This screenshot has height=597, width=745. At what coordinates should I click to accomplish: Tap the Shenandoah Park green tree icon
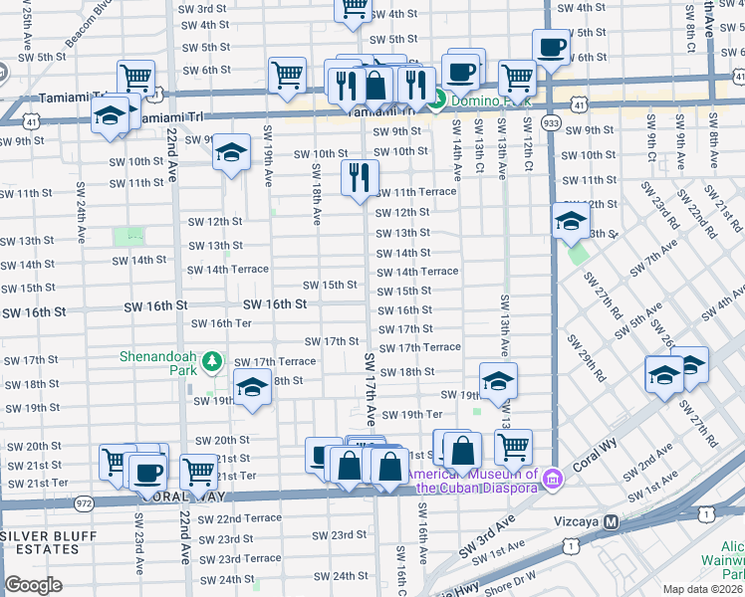pyautogui.click(x=212, y=361)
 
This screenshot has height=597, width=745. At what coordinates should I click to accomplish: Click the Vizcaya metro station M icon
pyautogui.click(x=613, y=521)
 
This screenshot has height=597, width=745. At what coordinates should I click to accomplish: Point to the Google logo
pyautogui.click(x=33, y=585)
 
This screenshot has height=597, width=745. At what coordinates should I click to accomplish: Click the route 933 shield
pyautogui.click(x=550, y=120)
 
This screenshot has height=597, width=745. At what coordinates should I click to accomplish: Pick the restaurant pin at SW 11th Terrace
pyautogui.click(x=360, y=176)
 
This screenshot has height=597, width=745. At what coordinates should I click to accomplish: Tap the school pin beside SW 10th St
pyautogui.click(x=231, y=152)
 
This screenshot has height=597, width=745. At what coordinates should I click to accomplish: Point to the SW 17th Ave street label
pyautogui.click(x=370, y=388)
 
